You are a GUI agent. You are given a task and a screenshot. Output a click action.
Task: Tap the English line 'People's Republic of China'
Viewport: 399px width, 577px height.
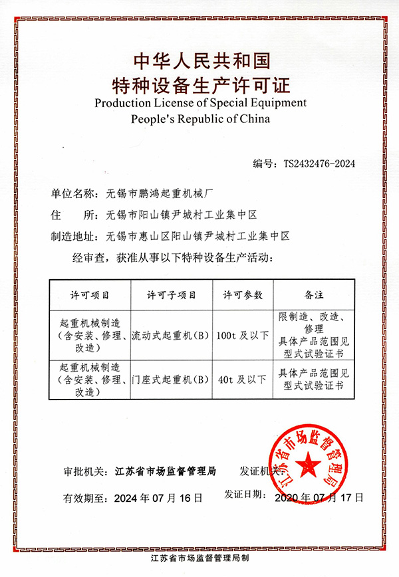200,120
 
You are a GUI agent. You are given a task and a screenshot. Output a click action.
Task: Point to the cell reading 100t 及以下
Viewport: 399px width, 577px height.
243,335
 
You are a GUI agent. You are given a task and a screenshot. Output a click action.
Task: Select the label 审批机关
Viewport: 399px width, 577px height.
84,471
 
